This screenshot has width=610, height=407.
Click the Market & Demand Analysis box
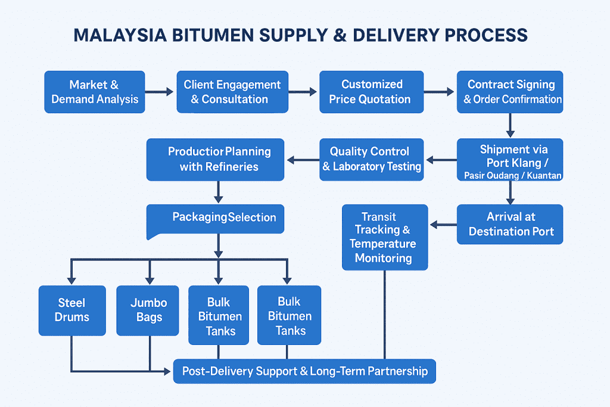click(95, 92)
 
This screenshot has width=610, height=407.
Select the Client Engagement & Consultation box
click(232, 92)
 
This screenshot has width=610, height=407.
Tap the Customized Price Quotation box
click(371, 92)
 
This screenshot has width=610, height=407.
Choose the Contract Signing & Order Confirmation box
click(510, 92)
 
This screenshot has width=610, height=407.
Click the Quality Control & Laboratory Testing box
click(372, 159)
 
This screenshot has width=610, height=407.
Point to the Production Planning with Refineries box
click(216, 159)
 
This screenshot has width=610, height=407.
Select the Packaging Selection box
click(216, 218)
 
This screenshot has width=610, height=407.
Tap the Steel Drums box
click(72, 310)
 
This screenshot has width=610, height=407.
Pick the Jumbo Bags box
click(149, 310)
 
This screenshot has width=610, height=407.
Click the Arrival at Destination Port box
click(510, 224)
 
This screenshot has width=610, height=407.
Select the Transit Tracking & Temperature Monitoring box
click(385, 237)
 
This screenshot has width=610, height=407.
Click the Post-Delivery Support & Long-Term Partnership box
click(304, 371)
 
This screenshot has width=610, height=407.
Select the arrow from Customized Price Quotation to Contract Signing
click(440, 92)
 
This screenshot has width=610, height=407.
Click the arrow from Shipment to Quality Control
click(441, 160)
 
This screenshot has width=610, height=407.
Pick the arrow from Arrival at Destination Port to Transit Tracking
click(443, 225)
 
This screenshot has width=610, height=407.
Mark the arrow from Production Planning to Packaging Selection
click(218, 192)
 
